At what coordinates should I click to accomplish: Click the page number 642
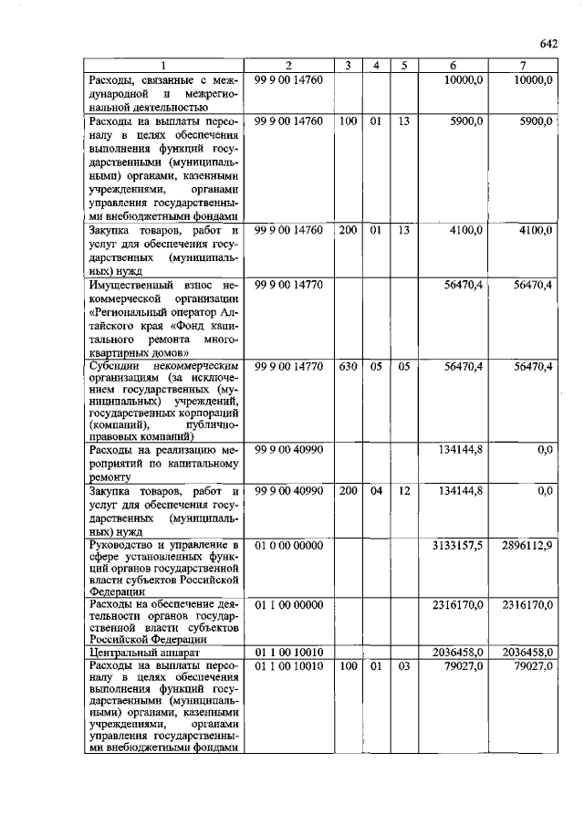pos(547,44)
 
